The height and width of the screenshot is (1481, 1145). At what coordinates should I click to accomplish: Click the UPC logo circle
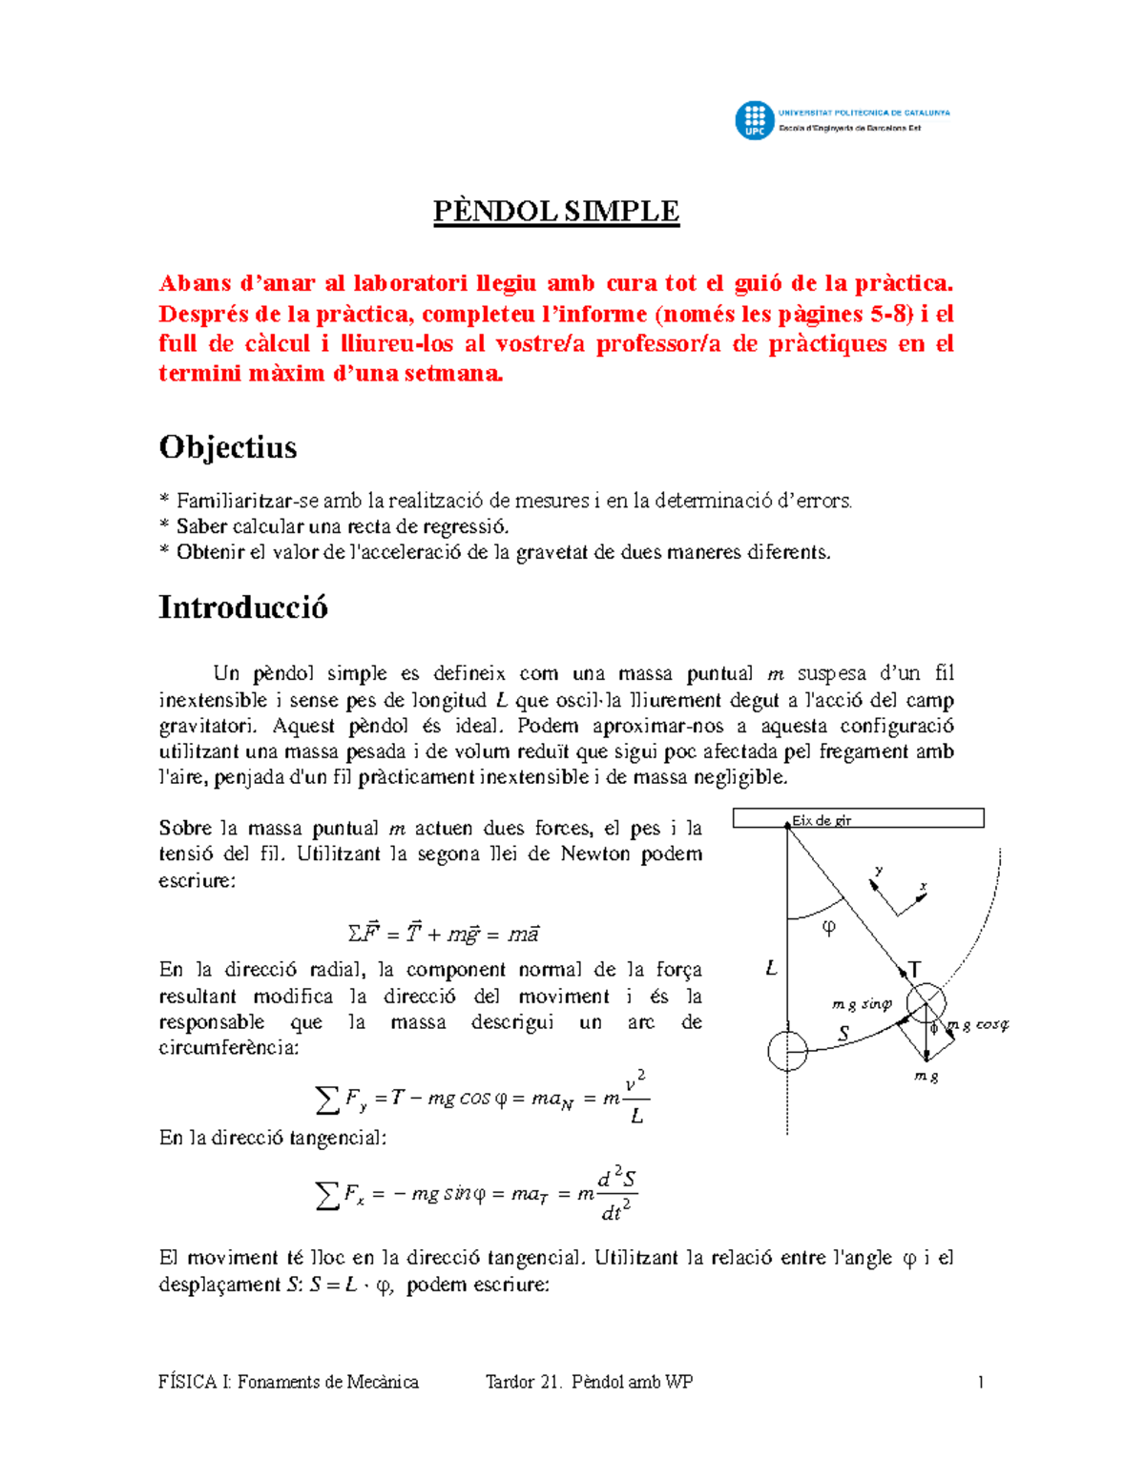pyautogui.click(x=754, y=121)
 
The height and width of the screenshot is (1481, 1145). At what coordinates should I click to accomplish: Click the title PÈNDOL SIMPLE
pyautogui.click(x=556, y=211)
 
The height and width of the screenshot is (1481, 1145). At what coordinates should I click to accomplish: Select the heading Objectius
pyautogui.click(x=228, y=447)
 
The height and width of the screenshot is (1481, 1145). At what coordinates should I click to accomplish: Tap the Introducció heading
pyautogui.click(x=243, y=607)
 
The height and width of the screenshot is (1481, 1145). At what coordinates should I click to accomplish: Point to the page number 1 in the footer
pyautogui.click(x=980, y=1382)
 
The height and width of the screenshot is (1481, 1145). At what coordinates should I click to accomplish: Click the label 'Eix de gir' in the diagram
pyautogui.click(x=822, y=820)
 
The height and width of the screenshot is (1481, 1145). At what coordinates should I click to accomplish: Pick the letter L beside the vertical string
pyautogui.click(x=772, y=969)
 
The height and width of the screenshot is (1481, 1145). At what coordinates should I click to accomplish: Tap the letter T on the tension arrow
pyautogui.click(x=914, y=970)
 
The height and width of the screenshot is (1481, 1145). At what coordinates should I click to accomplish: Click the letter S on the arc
pyautogui.click(x=843, y=1033)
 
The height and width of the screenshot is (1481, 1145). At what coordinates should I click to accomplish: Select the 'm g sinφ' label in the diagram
pyautogui.click(x=862, y=1004)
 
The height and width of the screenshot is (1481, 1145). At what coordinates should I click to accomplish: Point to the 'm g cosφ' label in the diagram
pyautogui.click(x=977, y=1025)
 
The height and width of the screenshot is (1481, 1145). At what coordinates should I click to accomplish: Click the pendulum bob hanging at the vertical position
pyautogui.click(x=788, y=1052)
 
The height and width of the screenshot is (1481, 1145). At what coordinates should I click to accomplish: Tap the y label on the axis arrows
pyautogui.click(x=879, y=871)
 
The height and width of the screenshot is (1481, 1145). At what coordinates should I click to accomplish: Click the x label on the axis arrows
pyautogui.click(x=923, y=887)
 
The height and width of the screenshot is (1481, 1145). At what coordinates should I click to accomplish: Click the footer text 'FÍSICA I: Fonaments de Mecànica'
pyautogui.click(x=288, y=1382)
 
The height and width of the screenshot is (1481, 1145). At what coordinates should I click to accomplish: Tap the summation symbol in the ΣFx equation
pyautogui.click(x=327, y=1195)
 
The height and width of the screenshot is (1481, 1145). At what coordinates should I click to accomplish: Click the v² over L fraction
pyautogui.click(x=636, y=1098)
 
